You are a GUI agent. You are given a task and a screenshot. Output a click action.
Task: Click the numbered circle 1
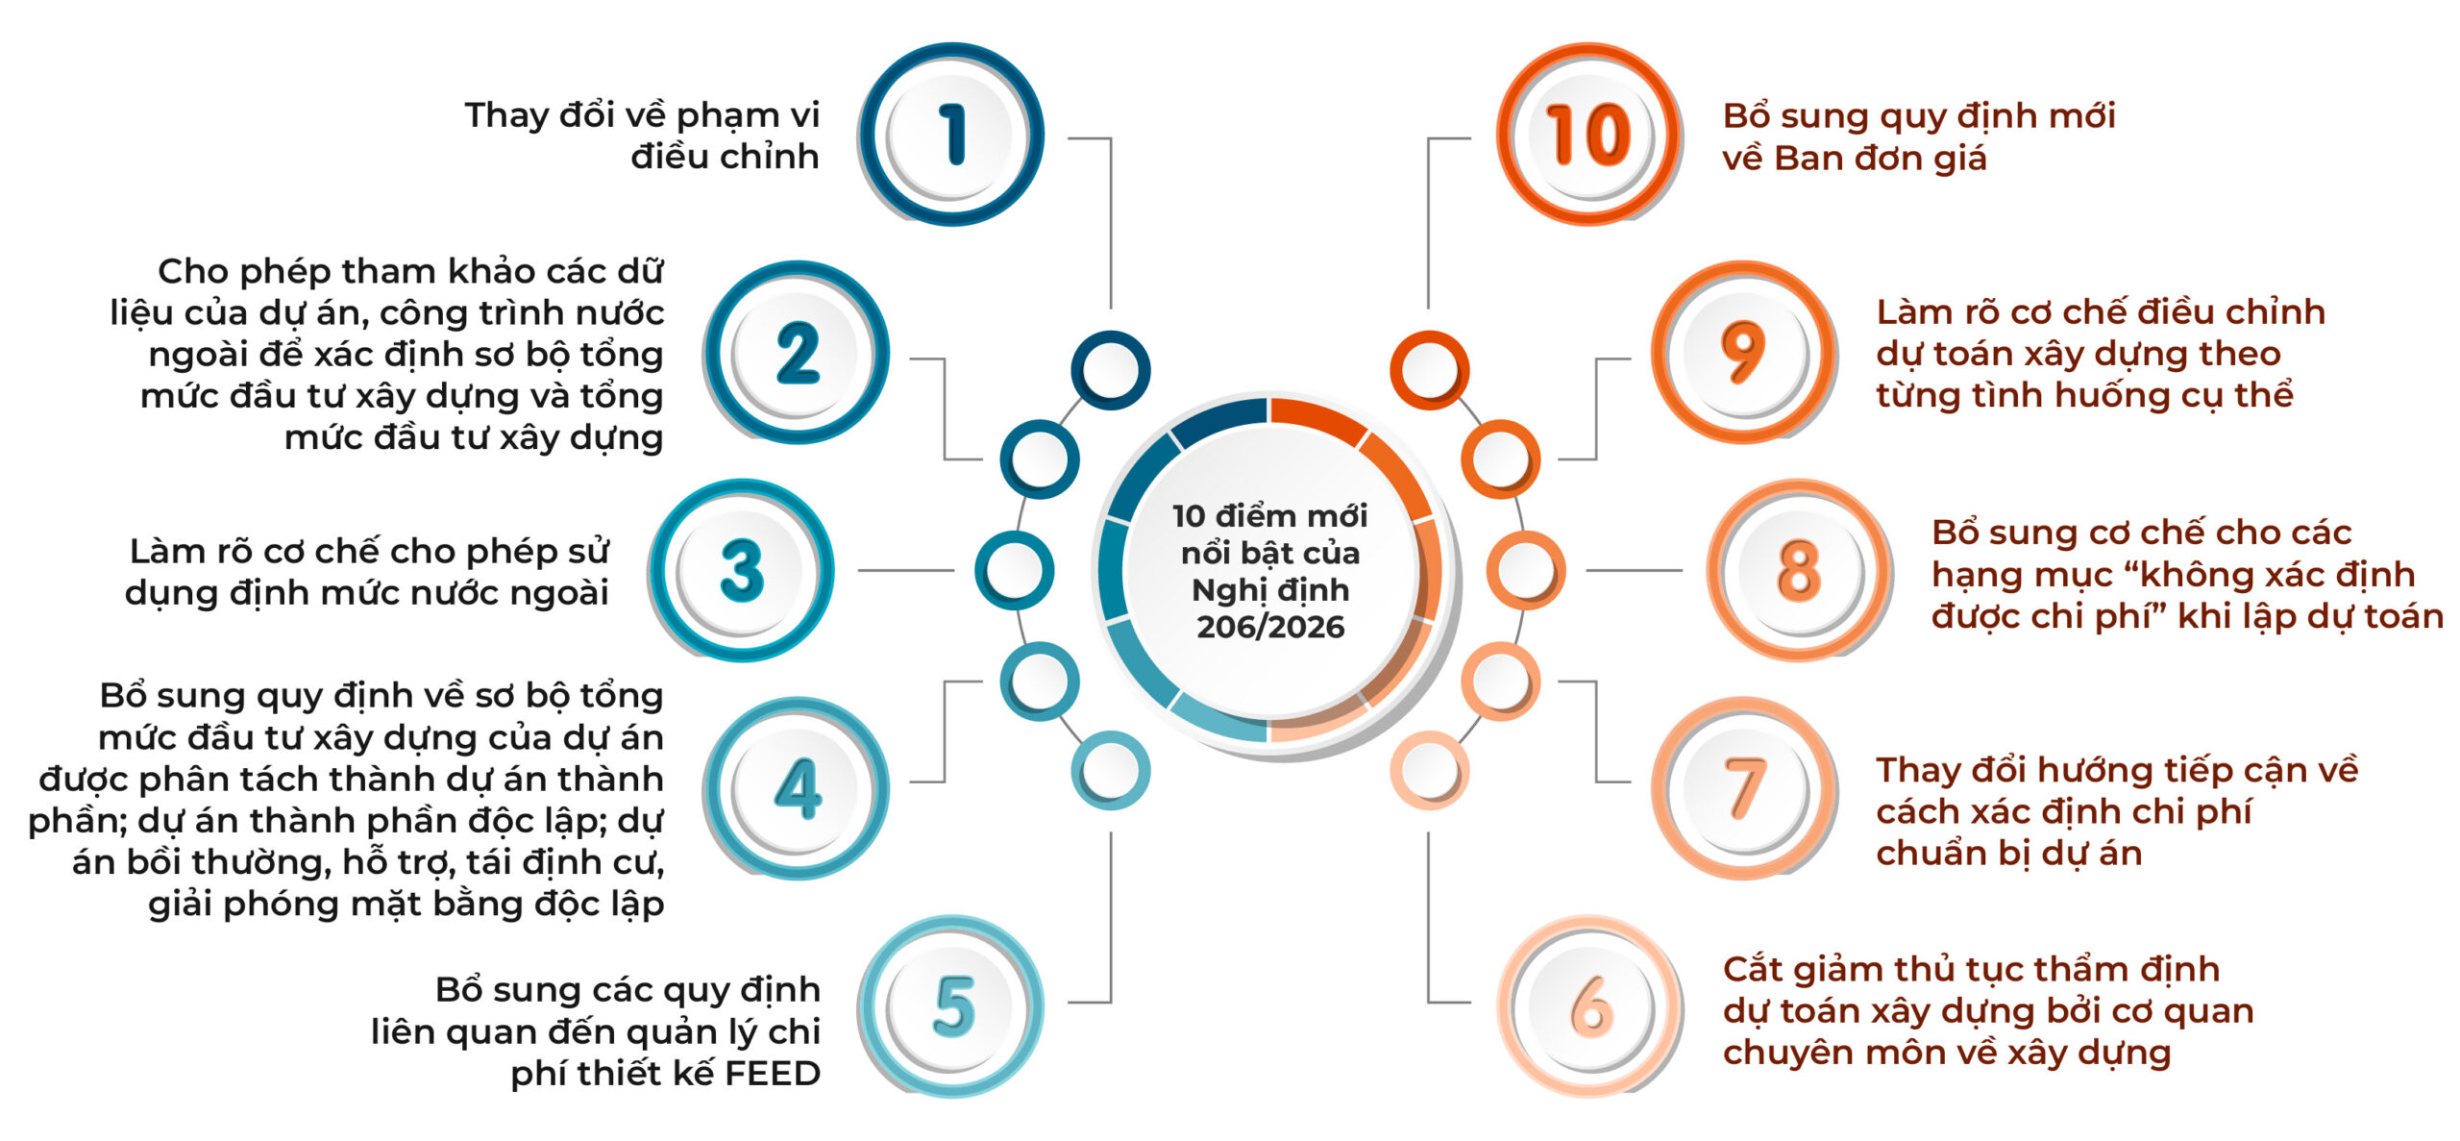pos(950,135)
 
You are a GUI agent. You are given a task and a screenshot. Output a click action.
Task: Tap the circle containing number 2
pos(797,353)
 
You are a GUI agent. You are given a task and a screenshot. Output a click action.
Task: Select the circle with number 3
pos(741,571)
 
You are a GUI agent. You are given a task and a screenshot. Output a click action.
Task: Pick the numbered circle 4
pos(797,789)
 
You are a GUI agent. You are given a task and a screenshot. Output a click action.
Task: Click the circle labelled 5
pos(950,1007)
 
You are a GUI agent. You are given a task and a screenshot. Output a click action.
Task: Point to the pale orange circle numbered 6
pos(1590,1007)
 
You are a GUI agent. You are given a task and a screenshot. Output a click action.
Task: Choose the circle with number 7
pos(1744,789)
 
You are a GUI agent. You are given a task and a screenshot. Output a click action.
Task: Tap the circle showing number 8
pos(1800,571)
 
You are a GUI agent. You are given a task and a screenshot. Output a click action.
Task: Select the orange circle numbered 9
pos(1744,353)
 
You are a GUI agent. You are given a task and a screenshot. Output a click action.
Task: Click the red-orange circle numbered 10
pos(1590,135)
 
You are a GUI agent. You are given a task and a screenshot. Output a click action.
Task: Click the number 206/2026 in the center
pos(1270,627)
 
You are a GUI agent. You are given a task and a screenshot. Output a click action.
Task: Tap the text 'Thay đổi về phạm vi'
pos(642,116)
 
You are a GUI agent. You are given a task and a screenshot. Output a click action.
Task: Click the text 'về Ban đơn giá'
pos(1855,159)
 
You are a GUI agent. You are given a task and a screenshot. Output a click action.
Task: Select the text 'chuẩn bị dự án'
pos(2009,854)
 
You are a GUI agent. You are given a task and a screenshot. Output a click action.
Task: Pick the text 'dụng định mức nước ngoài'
pos(367,593)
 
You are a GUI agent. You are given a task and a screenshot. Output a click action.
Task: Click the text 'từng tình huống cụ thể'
pos(2085,395)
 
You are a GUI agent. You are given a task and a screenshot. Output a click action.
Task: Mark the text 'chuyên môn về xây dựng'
pos(1947,1053)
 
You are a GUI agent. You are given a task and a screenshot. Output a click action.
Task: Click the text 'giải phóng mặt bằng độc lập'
pos(406,905)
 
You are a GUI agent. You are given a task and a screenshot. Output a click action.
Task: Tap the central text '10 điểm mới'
pos(1269,516)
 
